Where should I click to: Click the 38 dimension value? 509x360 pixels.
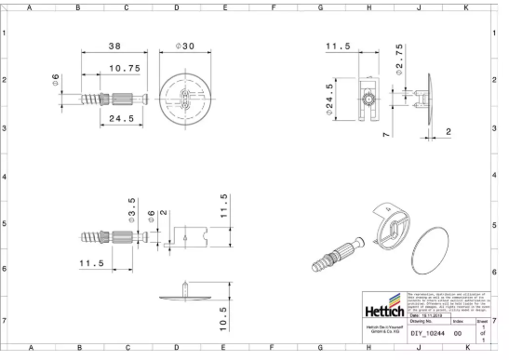pyautogui.click(x=115, y=46)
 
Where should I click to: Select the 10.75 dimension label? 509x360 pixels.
pyautogui.click(x=124, y=68)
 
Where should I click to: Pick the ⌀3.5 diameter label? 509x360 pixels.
pyautogui.click(x=132, y=207)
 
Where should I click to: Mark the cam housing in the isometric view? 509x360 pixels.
pyautogui.click(x=388, y=227)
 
